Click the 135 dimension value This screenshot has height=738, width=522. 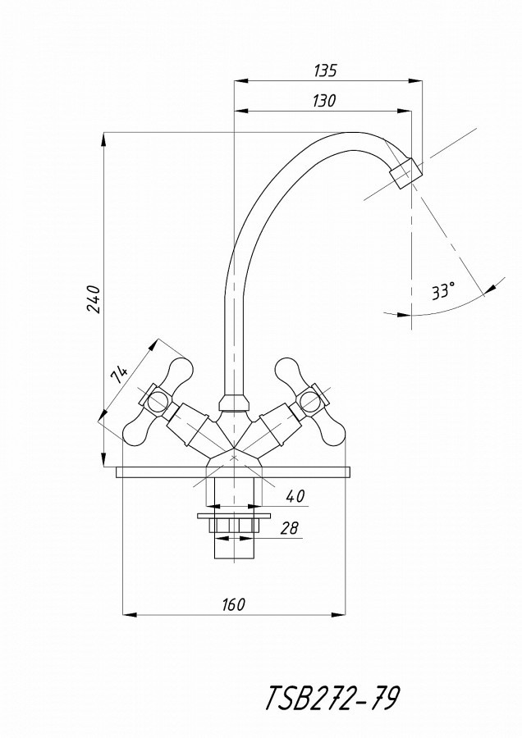(x=325, y=71)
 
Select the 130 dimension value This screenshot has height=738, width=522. (x=324, y=101)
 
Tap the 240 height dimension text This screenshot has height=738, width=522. (x=94, y=298)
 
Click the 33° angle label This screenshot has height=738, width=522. (x=443, y=291)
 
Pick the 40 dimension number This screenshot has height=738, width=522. (x=295, y=496)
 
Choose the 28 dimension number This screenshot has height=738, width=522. (x=289, y=527)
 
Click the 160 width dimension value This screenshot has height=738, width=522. (x=233, y=604)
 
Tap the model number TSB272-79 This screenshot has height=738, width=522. (x=332, y=699)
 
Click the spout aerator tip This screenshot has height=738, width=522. (x=406, y=173)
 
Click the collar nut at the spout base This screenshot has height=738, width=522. (x=234, y=403)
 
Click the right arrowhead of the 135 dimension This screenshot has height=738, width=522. (x=415, y=80)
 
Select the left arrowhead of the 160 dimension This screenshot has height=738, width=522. (x=129, y=614)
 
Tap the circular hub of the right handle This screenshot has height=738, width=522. (x=311, y=402)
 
